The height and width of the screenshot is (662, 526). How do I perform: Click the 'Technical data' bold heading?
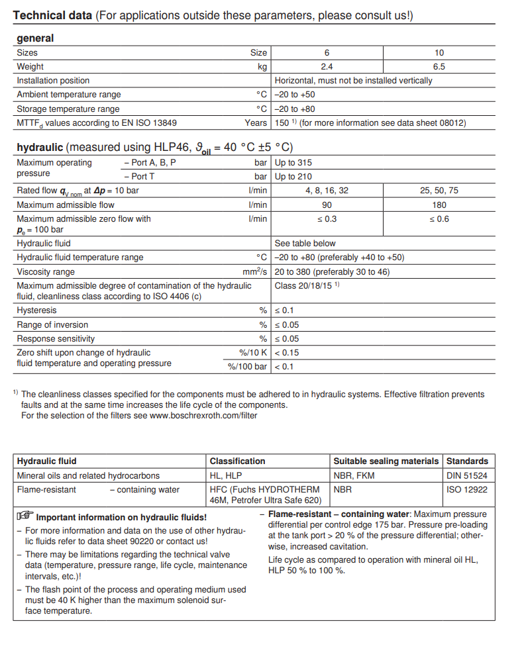pyautogui.click(x=52, y=15)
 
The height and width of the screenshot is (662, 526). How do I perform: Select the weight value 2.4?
pyautogui.click(x=327, y=66)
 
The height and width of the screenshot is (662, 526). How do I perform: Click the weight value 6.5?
pyautogui.click(x=439, y=66)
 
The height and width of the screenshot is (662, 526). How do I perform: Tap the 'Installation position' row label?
pyautogui.click(x=53, y=80)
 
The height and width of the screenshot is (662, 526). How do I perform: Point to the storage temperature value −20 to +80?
pyautogui.click(x=295, y=109)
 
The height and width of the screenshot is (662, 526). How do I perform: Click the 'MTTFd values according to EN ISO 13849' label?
pyautogui.click(x=97, y=123)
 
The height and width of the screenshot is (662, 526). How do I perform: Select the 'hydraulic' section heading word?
pyautogui.click(x=40, y=147)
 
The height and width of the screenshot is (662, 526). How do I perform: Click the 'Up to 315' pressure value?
pyautogui.click(x=293, y=163)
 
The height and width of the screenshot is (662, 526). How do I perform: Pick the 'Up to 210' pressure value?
pyautogui.click(x=293, y=177)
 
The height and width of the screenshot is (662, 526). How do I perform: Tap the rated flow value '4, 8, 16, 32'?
pyautogui.click(x=327, y=191)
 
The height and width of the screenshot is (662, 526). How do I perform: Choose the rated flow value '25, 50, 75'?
pyautogui.click(x=439, y=191)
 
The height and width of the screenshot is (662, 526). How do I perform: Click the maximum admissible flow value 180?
pyautogui.click(x=439, y=205)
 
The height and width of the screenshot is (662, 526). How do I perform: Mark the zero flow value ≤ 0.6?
pyautogui.click(x=439, y=219)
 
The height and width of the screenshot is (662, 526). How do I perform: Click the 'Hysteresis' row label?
pyautogui.click(x=36, y=310)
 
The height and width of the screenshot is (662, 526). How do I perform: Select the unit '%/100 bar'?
pyautogui.click(x=248, y=367)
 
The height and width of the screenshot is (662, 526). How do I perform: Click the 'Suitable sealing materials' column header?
pyautogui.click(x=386, y=461)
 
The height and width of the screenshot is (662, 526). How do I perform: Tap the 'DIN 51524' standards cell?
pyautogui.click(x=467, y=475)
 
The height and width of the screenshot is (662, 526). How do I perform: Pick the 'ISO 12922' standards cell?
pyautogui.click(x=467, y=490)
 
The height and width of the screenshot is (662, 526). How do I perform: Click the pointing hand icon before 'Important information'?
pyautogui.click(x=25, y=516)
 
